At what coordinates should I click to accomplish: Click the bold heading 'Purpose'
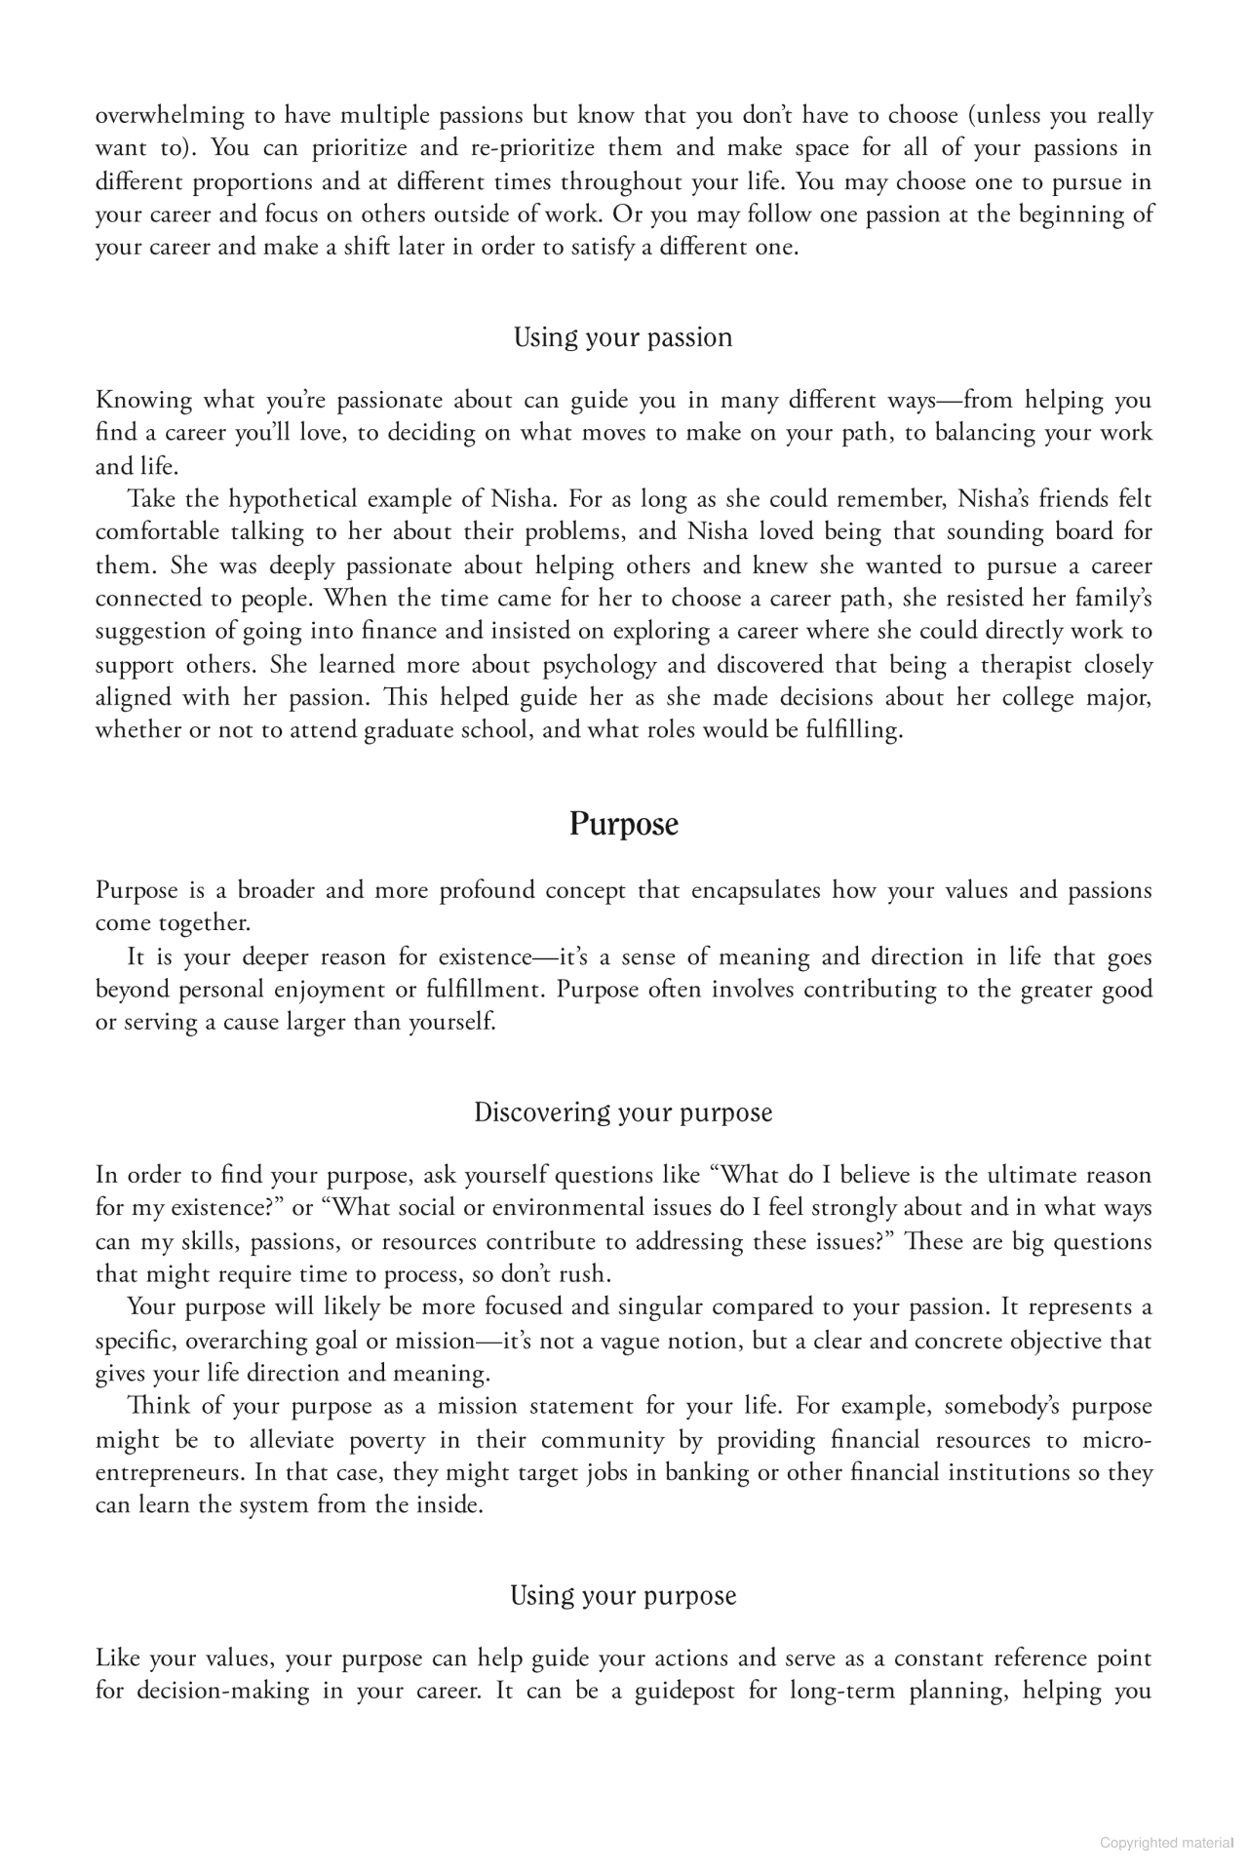623,825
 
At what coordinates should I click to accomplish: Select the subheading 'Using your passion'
623,338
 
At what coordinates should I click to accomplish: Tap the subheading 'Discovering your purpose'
623,1112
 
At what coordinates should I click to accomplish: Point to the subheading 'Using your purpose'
623,1595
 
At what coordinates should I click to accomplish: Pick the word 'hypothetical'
292,500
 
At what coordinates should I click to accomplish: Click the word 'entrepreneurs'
169,1472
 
